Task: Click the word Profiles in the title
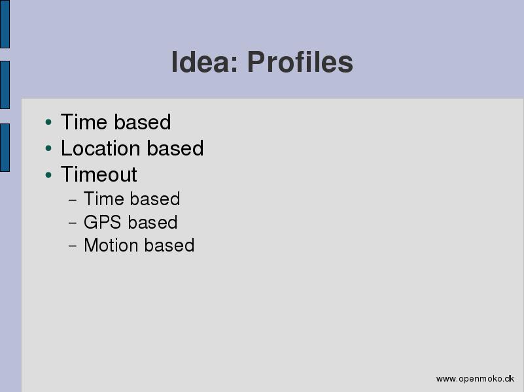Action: coord(300,61)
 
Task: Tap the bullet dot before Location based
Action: coord(48,148)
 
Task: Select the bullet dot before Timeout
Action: coord(48,174)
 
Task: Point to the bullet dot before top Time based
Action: coord(48,122)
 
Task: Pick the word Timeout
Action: coord(99,174)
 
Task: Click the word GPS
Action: coord(102,222)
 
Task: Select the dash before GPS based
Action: coord(73,223)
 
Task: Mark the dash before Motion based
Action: coord(73,246)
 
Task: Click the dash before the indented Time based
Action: coord(73,200)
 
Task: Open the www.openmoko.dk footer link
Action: coord(475,379)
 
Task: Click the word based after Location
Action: coord(175,148)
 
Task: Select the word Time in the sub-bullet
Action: coord(104,199)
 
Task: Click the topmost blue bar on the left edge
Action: coord(5,24)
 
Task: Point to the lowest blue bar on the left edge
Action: coord(5,148)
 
